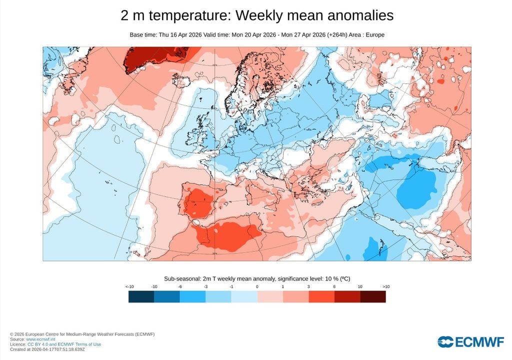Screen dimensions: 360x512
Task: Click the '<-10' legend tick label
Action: point(129,286)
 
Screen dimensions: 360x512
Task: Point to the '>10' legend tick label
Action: point(385,286)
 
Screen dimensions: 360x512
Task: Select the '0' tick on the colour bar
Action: point(257,286)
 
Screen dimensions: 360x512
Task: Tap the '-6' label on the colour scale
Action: point(180,286)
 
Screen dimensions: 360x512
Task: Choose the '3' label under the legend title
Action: point(308,286)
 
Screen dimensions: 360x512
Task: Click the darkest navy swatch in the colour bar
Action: point(141,296)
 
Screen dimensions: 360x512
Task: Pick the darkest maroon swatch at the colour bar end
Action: point(373,296)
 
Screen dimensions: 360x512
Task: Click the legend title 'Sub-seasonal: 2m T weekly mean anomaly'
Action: point(222,278)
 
